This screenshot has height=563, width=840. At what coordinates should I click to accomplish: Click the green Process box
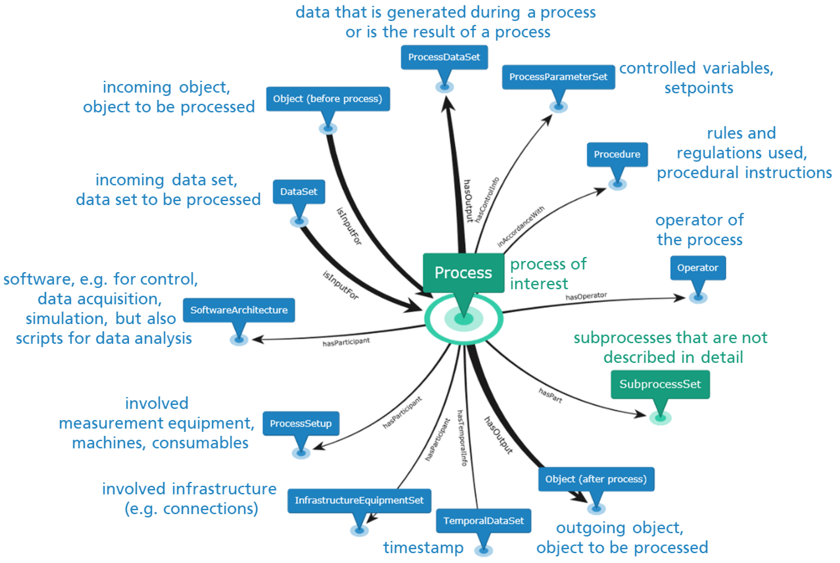(x=463, y=273)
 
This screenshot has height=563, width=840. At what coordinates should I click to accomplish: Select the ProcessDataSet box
(x=444, y=57)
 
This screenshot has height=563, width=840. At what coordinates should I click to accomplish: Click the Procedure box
(x=617, y=154)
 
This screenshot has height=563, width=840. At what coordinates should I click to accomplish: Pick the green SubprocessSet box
(x=660, y=384)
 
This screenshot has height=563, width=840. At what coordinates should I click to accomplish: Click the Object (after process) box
(x=596, y=479)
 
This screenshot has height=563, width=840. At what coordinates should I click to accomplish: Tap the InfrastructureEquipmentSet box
(x=359, y=500)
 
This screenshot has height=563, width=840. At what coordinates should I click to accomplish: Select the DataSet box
(x=298, y=192)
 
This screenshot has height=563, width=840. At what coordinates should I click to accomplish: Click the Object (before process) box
(x=328, y=99)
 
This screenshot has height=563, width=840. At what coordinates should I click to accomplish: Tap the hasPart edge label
(x=550, y=395)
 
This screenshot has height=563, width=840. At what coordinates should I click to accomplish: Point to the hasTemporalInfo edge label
(x=462, y=438)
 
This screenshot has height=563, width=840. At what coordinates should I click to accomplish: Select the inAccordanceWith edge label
(x=521, y=226)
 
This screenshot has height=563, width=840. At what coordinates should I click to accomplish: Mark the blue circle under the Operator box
(x=698, y=297)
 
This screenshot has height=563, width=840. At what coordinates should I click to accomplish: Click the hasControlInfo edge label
(x=487, y=200)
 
